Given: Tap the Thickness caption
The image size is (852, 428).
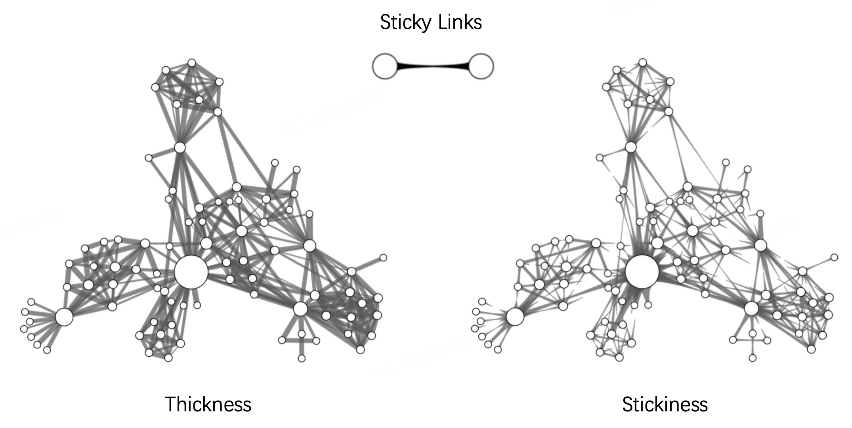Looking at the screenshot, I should pos(208,404).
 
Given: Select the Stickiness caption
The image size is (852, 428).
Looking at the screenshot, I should pos(665,404).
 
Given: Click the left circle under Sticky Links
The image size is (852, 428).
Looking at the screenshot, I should pos(384,67).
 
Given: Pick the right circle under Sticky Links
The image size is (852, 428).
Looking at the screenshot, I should pos(481,67).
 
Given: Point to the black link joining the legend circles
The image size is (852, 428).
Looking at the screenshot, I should pos(433,67).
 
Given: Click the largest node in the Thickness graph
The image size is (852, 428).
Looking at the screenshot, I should pos(191,272).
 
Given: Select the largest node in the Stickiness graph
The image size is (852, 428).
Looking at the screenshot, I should pos(642,272).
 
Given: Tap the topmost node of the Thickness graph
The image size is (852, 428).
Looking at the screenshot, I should pos(192,63).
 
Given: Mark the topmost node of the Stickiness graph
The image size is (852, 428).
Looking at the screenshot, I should pos(643,63).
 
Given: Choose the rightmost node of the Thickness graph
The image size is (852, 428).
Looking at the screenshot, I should pos(383,258).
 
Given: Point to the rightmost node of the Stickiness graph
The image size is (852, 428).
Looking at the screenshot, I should pos(834,257).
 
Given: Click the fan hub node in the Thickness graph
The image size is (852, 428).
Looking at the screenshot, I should pos(64,317).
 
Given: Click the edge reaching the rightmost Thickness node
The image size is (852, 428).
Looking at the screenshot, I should pos(368,264).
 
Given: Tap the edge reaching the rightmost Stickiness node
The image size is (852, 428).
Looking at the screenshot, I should pos(819,264).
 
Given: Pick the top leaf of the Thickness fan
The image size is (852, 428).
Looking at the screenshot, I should pos(31,302).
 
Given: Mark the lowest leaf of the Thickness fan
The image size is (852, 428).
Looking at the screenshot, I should pos(47,350).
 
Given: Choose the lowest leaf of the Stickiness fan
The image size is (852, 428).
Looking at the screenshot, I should pos(498,350).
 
